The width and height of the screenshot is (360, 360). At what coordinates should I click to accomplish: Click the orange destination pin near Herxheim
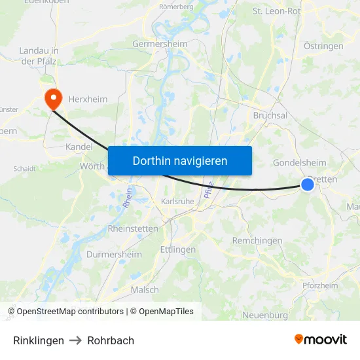coord(52,99)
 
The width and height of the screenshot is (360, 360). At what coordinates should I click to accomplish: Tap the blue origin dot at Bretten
coord(308,185)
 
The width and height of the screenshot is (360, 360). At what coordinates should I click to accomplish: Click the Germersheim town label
coord(160,44)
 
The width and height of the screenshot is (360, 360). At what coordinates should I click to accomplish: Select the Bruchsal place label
coord(270,115)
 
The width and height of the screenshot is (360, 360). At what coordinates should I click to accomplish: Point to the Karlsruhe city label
coord(177,202)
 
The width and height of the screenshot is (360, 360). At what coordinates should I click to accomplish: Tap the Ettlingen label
coord(177,249)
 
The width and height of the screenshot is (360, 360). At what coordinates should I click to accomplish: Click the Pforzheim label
coord(320,285)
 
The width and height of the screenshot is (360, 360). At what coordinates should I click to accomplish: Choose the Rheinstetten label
coord(132,228)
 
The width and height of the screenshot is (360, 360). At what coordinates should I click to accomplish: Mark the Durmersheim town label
coord(114,255)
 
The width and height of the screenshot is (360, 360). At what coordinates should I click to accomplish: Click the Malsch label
coord(145,289)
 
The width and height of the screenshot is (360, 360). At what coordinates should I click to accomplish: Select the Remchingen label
coord(257,241)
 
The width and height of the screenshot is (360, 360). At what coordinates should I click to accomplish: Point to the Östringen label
coord(323,46)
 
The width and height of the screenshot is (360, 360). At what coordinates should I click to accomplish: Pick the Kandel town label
coord(79,147)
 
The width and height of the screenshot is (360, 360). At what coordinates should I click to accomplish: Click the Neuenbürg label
coord(265,315)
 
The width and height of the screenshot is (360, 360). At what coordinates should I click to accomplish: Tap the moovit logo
coord(321,339)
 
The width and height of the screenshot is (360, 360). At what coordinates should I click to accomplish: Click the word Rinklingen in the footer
coord(39,340)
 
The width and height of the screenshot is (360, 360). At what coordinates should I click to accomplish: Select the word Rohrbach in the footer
coord(111,340)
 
